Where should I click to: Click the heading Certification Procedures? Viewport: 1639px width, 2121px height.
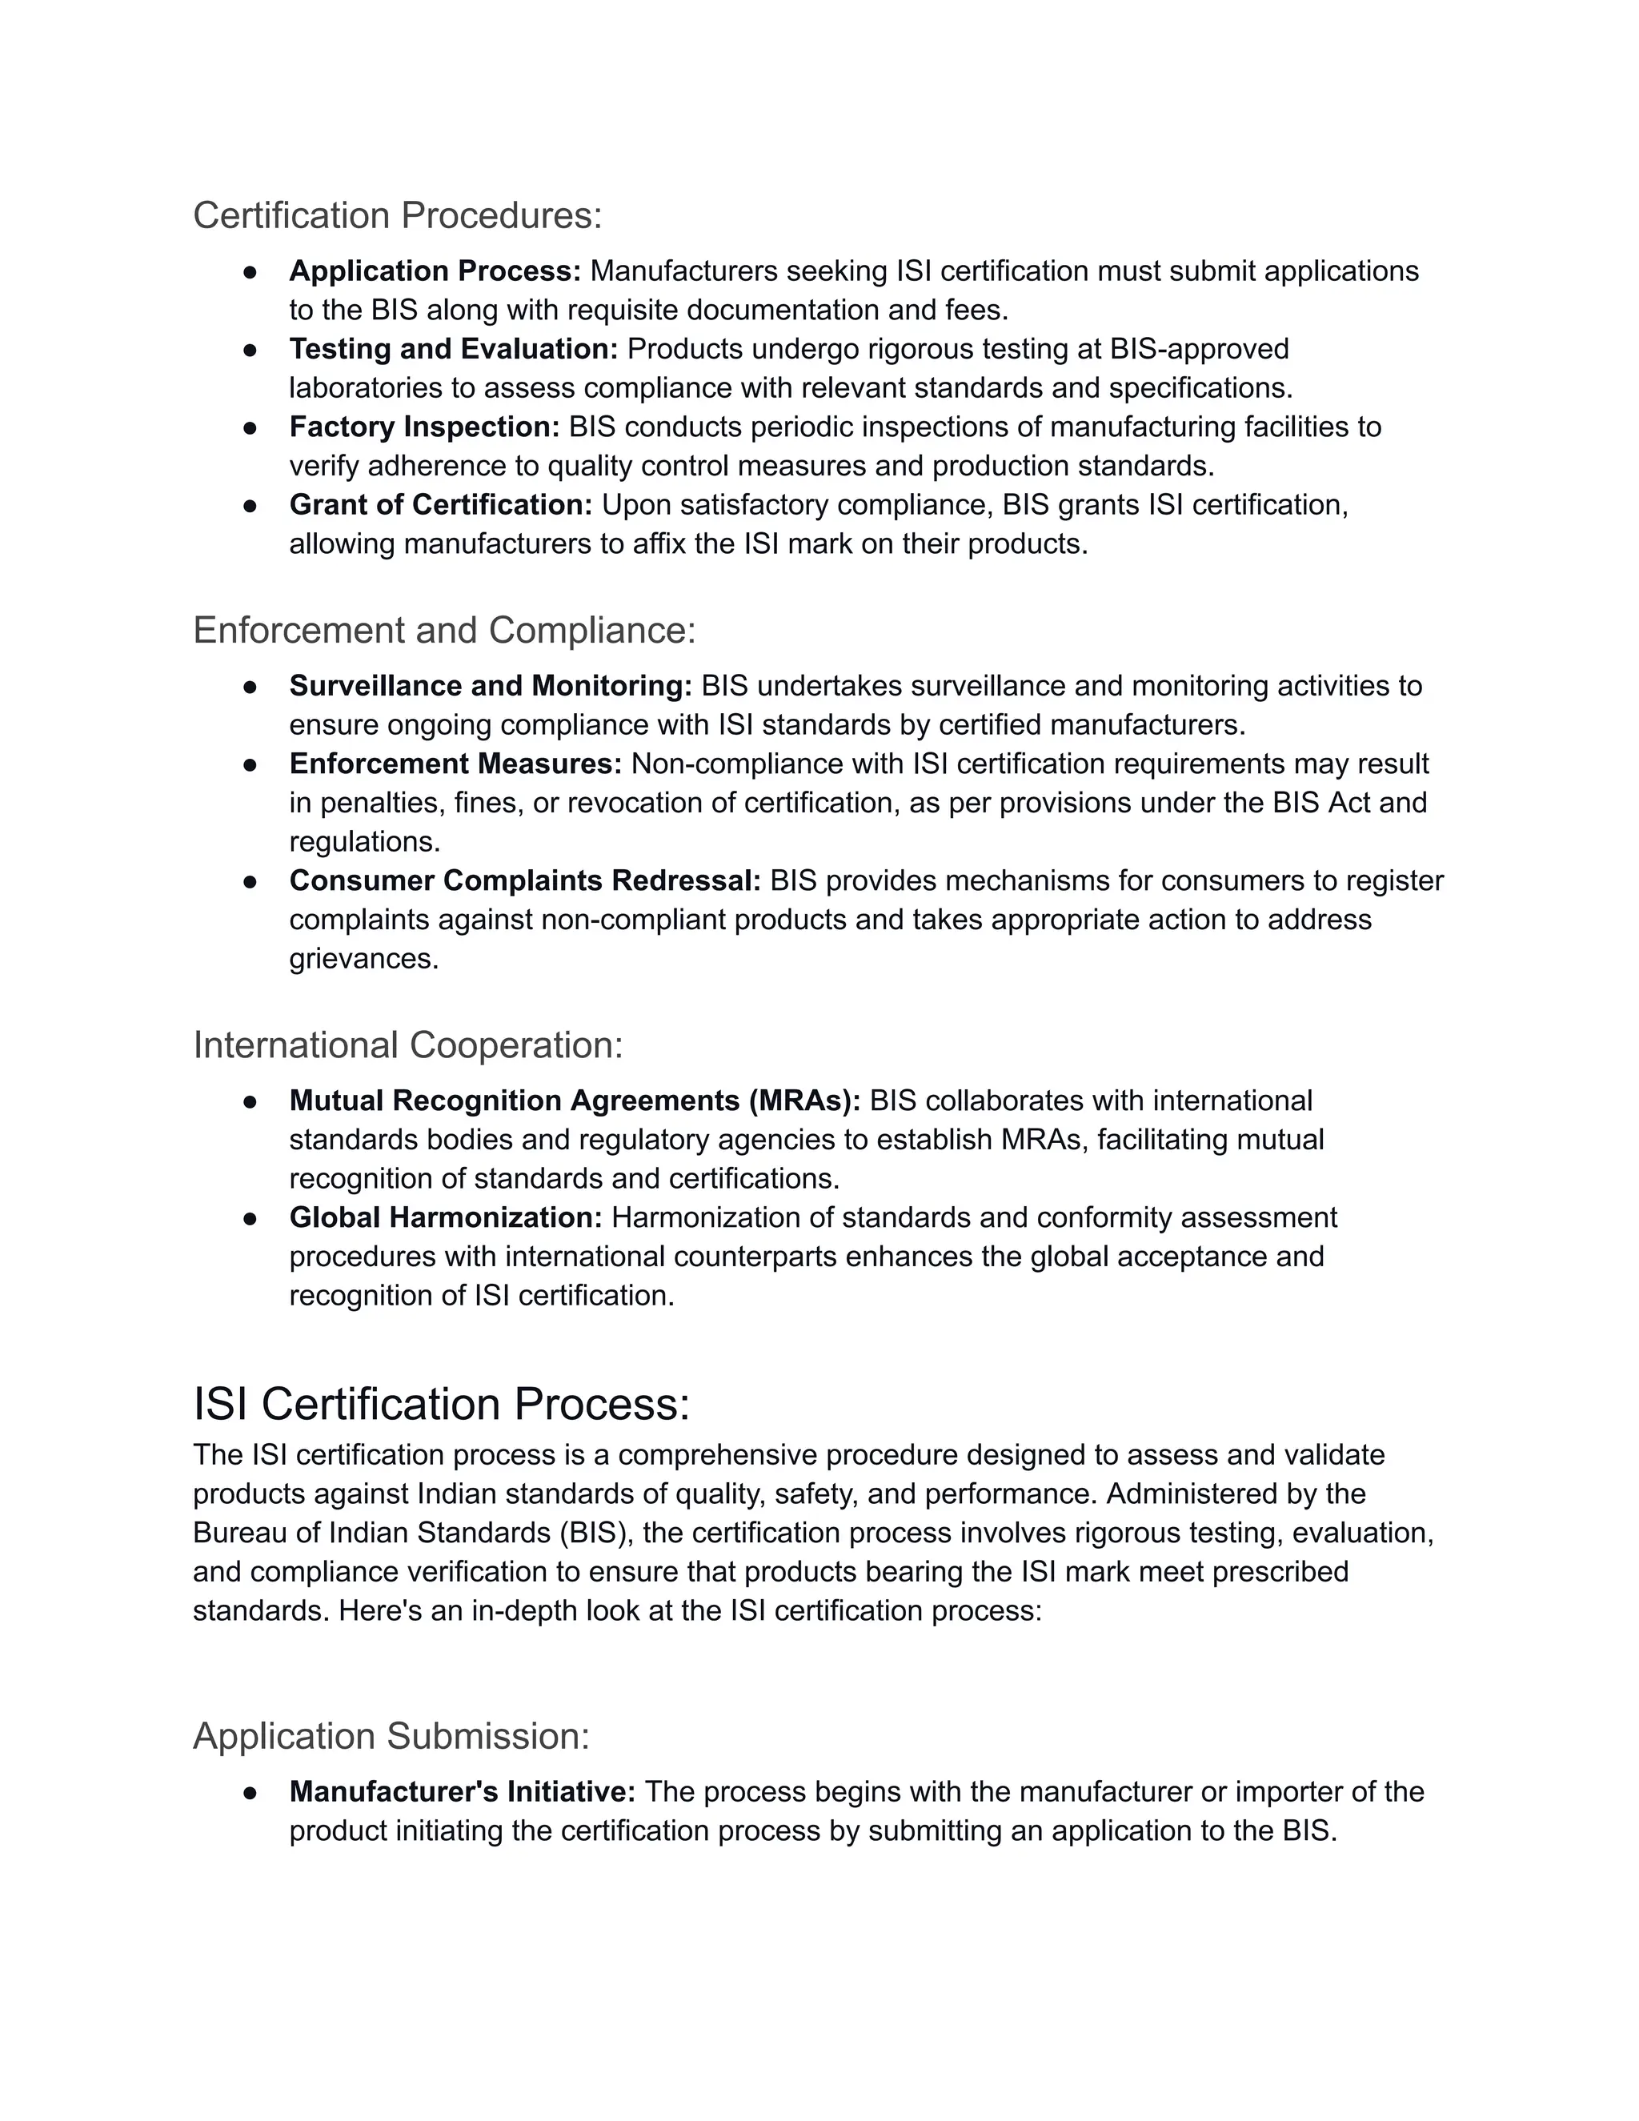pyautogui.click(x=397, y=215)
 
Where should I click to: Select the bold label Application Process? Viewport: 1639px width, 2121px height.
pyautogui.click(x=434, y=271)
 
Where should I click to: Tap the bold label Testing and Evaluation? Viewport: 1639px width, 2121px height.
pyautogui.click(x=454, y=349)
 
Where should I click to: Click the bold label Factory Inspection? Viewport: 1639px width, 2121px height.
pyautogui.click(x=424, y=427)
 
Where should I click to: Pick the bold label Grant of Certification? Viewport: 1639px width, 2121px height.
pyautogui.click(x=441, y=505)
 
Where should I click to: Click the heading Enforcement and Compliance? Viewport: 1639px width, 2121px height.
pyautogui.click(x=443, y=630)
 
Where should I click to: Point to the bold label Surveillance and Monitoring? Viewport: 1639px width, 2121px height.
pyautogui.click(x=491, y=686)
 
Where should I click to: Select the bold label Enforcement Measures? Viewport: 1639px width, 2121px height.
pyautogui.click(x=455, y=764)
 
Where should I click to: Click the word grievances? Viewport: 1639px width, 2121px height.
pyautogui.click(x=363, y=959)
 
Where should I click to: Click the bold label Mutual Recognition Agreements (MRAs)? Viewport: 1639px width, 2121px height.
pyautogui.click(x=575, y=1101)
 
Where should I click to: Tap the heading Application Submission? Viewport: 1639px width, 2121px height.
pyautogui.click(x=391, y=1735)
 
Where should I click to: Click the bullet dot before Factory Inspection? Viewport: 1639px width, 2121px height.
pyautogui.click(x=250, y=427)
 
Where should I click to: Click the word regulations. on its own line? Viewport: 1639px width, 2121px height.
pyautogui.click(x=364, y=841)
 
